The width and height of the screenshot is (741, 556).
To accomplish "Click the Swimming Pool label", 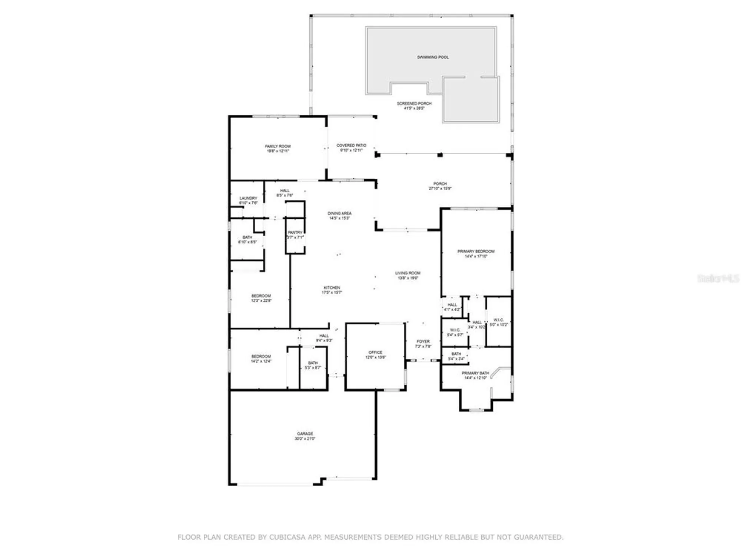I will pyautogui.click(x=433, y=57).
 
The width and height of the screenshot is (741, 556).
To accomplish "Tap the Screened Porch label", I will pyautogui.click(x=414, y=103).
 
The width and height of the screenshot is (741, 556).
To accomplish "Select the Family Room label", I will pyautogui.click(x=278, y=146).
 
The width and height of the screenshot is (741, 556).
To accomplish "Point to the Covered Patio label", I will pyautogui.click(x=351, y=145).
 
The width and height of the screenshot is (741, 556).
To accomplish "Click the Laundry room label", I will pyautogui.click(x=248, y=198).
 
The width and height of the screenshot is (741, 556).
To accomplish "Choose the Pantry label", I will pyautogui.click(x=295, y=232).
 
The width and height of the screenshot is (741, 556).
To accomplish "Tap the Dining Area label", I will pyautogui.click(x=339, y=213).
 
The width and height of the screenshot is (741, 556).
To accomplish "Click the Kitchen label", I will pyautogui.click(x=332, y=288).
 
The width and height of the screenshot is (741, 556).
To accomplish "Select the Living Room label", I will pyautogui.click(x=408, y=273).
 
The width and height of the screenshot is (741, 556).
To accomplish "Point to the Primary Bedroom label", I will pyautogui.click(x=476, y=251).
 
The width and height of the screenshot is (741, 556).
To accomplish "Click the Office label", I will pyautogui.click(x=375, y=353).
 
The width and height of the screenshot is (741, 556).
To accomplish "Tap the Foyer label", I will pyautogui.click(x=423, y=341).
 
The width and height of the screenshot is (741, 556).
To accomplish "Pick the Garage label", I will pyautogui.click(x=305, y=434).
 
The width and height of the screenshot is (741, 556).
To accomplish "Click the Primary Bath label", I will pyautogui.click(x=475, y=373).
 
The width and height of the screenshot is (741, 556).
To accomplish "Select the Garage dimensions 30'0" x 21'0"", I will pyautogui.click(x=305, y=439).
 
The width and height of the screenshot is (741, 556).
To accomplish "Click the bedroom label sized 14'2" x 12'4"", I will pyautogui.click(x=261, y=357).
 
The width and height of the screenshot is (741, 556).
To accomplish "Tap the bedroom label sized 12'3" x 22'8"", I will pyautogui.click(x=261, y=296).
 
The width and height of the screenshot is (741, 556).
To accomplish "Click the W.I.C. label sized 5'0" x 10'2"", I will pyautogui.click(x=499, y=320).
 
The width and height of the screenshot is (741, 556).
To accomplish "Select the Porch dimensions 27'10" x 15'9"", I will pyautogui.click(x=440, y=189).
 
